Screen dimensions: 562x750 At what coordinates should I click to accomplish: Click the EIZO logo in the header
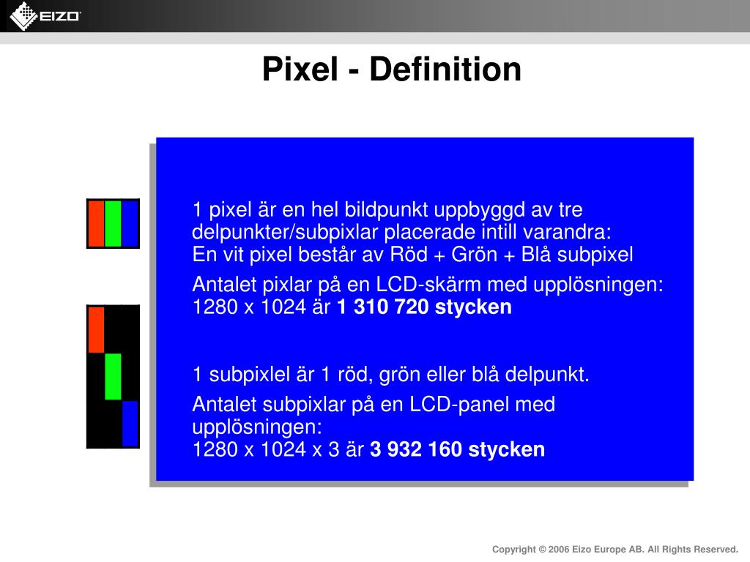[x=45, y=16]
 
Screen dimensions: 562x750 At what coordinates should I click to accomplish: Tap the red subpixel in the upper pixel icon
[x=96, y=224]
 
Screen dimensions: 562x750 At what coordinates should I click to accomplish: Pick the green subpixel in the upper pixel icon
[x=113, y=224]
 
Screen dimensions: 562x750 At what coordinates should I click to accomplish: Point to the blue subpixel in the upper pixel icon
[x=130, y=224]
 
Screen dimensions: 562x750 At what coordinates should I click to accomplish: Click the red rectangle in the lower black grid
[x=96, y=329]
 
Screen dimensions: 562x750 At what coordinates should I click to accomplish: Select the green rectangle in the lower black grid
[x=113, y=376]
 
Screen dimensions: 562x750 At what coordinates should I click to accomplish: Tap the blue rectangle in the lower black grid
[x=130, y=423]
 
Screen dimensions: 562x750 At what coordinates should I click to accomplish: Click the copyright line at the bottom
[x=615, y=549]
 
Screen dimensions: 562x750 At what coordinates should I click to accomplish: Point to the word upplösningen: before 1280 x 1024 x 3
[x=256, y=427]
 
